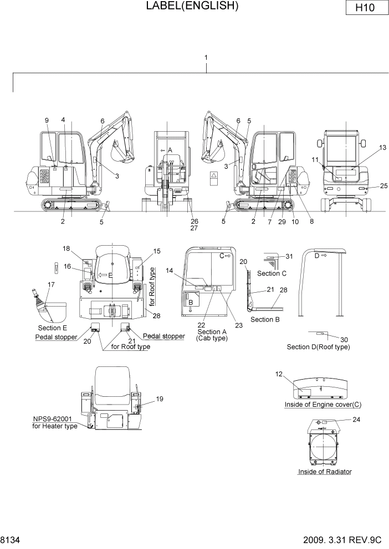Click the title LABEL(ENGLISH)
pos(192,6)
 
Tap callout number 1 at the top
pos(206,58)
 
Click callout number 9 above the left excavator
pos(47,120)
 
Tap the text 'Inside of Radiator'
pos(325,472)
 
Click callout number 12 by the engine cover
pos(279,374)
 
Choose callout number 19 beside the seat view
pos(159,398)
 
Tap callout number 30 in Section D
pos(344,339)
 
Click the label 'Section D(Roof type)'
pos(318,347)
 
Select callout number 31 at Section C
pos(288,256)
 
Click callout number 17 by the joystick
pos(51,284)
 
